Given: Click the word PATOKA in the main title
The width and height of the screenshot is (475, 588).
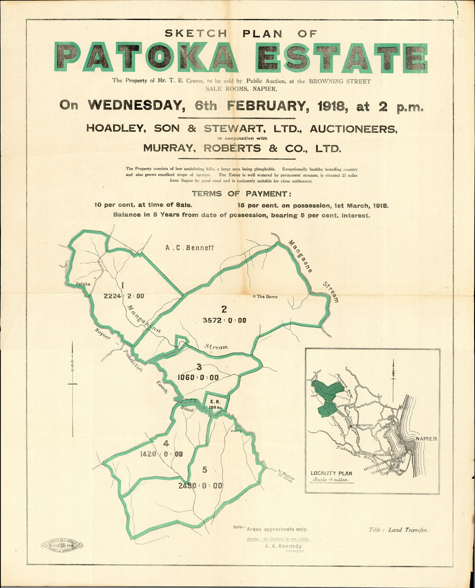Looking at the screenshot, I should coord(146,57).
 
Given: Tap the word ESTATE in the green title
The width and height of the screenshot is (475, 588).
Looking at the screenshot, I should coord(341,57).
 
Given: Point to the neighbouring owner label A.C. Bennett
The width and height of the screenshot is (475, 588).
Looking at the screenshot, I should coord(190,248).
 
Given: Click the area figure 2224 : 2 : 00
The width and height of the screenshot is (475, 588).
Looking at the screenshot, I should coord(123,296).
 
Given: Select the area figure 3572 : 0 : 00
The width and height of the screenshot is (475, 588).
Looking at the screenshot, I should coord(224,320).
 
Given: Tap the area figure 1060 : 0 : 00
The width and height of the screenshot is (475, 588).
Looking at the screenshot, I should coord(198,377).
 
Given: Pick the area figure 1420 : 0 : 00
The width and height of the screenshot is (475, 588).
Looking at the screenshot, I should coord(161,454).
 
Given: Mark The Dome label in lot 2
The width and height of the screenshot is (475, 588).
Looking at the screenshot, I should coord(266,297).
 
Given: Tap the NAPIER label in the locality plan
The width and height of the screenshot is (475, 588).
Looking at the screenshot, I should coord(426,439).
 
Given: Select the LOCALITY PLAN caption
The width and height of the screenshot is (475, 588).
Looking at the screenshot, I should coord(332,473).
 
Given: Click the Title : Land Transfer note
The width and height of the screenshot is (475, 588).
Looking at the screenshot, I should coord(398,530).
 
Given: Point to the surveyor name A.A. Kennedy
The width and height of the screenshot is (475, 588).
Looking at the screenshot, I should coord(284,546).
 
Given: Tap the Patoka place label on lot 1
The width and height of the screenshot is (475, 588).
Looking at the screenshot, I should coord(84,284).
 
